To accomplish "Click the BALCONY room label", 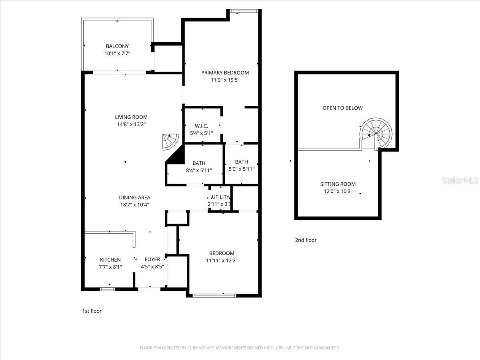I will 117,46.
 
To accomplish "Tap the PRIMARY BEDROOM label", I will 225,73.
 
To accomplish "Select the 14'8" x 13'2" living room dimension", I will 131,124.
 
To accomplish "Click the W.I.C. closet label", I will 202,126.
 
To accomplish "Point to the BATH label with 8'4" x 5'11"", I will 199,163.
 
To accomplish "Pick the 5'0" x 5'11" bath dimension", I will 241,169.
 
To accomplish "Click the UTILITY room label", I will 220,197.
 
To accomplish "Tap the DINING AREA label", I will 134,197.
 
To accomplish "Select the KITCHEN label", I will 110,260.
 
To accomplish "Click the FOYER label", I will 152,260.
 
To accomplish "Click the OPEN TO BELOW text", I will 342,108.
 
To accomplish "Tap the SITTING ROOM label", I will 338,184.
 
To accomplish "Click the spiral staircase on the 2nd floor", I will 376,133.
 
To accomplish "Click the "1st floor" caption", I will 92,311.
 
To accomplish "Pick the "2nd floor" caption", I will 306,240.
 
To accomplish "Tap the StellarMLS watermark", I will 460,181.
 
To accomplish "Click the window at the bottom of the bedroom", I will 214,296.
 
